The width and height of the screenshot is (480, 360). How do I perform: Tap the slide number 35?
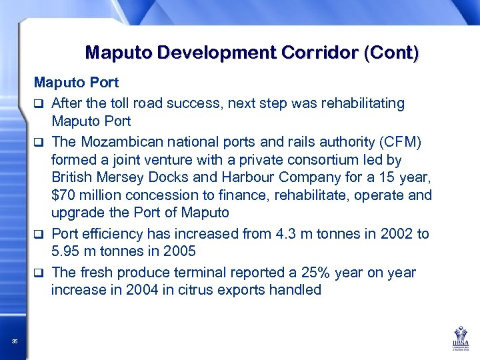click(x=15, y=342)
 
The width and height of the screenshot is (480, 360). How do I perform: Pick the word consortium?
click(x=323, y=159)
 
